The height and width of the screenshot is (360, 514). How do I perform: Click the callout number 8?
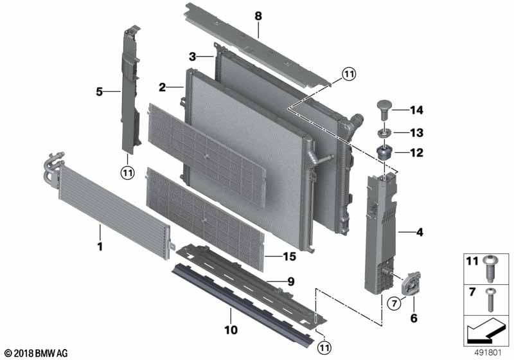point(258,15)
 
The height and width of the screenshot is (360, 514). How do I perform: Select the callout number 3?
point(192,57)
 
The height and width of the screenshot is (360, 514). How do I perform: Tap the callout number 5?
point(100,92)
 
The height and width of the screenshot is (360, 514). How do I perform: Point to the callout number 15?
point(290,256)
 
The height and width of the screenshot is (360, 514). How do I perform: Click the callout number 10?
point(231,330)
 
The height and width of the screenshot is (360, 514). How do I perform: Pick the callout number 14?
point(416,110)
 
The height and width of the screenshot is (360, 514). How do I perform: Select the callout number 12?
point(416,153)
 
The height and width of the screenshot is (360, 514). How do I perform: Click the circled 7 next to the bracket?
point(394,303)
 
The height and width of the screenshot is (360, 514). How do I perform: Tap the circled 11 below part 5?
point(127,172)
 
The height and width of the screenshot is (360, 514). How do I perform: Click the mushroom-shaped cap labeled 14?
point(383,110)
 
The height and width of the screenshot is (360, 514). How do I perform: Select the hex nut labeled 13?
point(384,133)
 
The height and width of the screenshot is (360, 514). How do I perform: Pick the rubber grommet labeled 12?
point(384,152)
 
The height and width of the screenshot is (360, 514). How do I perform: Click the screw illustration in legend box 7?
point(490,300)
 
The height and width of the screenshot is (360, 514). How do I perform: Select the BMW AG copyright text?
point(37,353)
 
